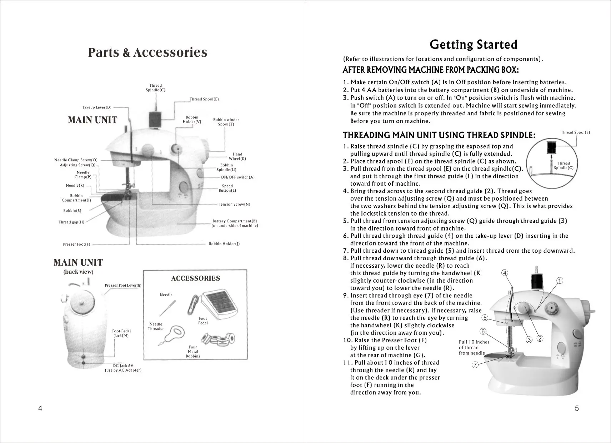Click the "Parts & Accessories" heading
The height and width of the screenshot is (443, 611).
[x=147, y=53]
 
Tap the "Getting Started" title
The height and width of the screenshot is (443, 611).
[x=474, y=45]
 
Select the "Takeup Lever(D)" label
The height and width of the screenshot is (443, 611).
[x=97, y=107]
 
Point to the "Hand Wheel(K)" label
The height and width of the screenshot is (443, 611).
[x=237, y=156]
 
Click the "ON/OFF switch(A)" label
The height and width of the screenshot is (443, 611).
[x=237, y=177]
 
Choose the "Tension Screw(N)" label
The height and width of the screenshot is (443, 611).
[x=234, y=205]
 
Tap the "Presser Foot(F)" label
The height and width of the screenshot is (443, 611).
[x=76, y=245]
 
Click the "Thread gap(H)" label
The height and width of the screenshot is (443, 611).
[x=71, y=222]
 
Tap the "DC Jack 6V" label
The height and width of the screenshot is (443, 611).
[x=123, y=366]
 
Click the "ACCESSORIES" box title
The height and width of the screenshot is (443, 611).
[x=195, y=278]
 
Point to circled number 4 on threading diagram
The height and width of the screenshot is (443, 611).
[x=505, y=273]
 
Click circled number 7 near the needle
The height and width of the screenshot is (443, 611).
[x=475, y=365]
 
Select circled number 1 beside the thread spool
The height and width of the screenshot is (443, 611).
[x=560, y=281]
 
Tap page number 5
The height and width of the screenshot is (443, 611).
[x=577, y=409]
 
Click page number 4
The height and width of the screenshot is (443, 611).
[x=40, y=409]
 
